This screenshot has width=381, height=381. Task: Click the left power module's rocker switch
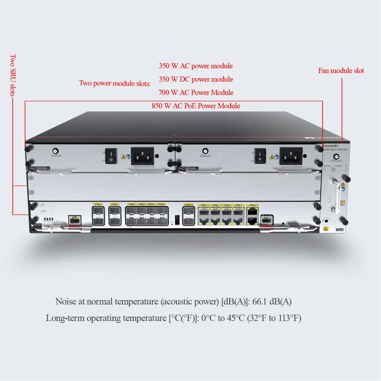(111, 156)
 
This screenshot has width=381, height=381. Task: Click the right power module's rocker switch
(260, 156)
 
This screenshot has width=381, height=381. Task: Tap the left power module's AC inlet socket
(143, 156)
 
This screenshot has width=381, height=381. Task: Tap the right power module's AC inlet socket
(291, 156)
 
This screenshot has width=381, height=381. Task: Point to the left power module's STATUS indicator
(56, 151)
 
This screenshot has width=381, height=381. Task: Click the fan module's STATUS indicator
(336, 157)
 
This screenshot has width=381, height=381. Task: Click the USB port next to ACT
(177, 219)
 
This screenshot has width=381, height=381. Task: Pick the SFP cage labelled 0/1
(98, 216)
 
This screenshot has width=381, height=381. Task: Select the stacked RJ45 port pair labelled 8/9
(252, 215)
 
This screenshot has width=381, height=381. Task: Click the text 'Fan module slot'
(341, 71)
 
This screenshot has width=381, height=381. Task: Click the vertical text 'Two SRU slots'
(13, 75)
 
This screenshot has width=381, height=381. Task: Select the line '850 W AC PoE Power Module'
(196, 106)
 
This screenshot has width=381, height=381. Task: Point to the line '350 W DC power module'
(196, 79)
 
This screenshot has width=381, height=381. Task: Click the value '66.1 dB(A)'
(272, 301)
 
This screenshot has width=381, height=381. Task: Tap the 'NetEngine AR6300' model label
(335, 150)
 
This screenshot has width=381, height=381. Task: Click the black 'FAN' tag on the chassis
(339, 230)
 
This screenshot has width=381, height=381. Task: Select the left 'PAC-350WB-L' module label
(40, 169)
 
